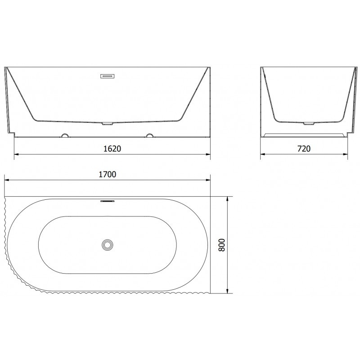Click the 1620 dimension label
click(x=112, y=148)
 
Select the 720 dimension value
click(x=304, y=148)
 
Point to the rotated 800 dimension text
click(x=221, y=245)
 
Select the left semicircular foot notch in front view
click(x=65, y=135)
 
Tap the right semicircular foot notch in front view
click(x=150, y=135)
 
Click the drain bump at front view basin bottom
click(x=108, y=122)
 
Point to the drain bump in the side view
click(x=309, y=122)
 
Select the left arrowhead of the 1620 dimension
click(x=17, y=155)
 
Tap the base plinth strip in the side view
click(x=305, y=134)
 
